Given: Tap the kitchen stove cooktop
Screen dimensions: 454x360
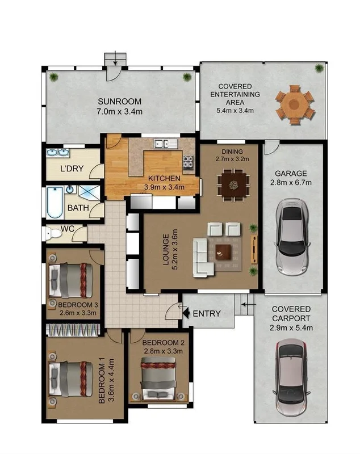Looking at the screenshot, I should (x=188, y=163).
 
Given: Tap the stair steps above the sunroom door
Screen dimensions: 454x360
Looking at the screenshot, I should (x=115, y=59).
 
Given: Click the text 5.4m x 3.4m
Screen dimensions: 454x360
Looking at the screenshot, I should (x=235, y=110).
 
